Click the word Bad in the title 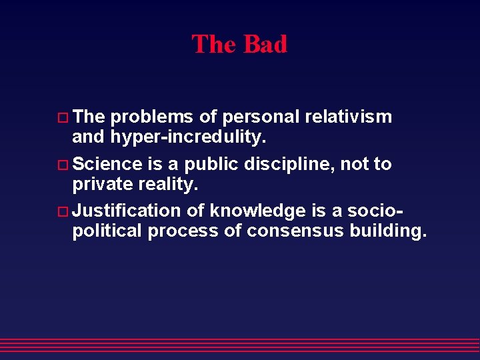[265, 45]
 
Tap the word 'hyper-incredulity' [184, 137]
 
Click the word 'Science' [107, 164]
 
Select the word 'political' [107, 231]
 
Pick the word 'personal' [260, 117]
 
